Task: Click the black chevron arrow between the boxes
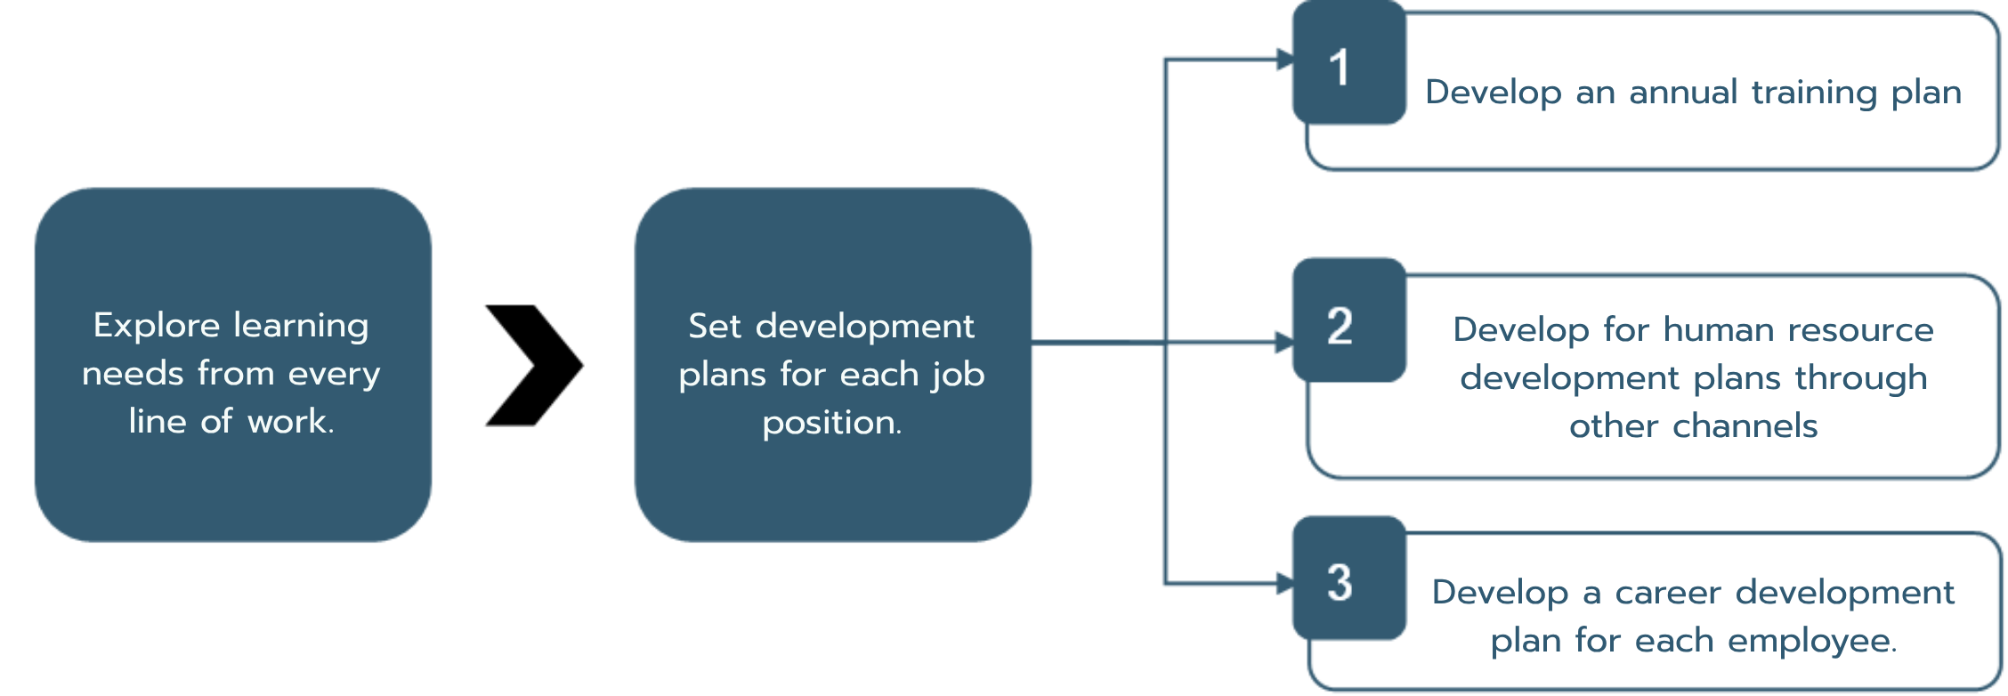534,365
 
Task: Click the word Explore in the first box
157,327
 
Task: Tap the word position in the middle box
831,422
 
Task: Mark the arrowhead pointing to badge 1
1285,60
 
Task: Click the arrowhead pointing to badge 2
1284,342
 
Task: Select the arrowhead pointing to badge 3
1285,584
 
